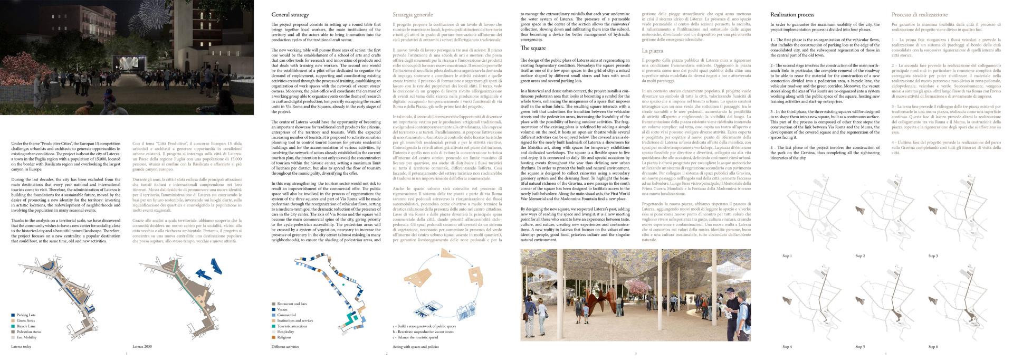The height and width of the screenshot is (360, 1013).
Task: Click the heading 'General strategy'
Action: coord(290,15)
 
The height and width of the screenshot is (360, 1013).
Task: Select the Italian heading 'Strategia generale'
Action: coord(414,15)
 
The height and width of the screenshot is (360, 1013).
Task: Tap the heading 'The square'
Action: coord(533,48)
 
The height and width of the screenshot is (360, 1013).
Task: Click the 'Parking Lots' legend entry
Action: coord(26,315)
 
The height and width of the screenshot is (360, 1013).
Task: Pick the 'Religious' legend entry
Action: coord(284,337)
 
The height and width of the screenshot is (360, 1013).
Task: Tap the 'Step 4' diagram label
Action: coord(787,347)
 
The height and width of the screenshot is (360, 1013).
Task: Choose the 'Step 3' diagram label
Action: coord(933,256)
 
